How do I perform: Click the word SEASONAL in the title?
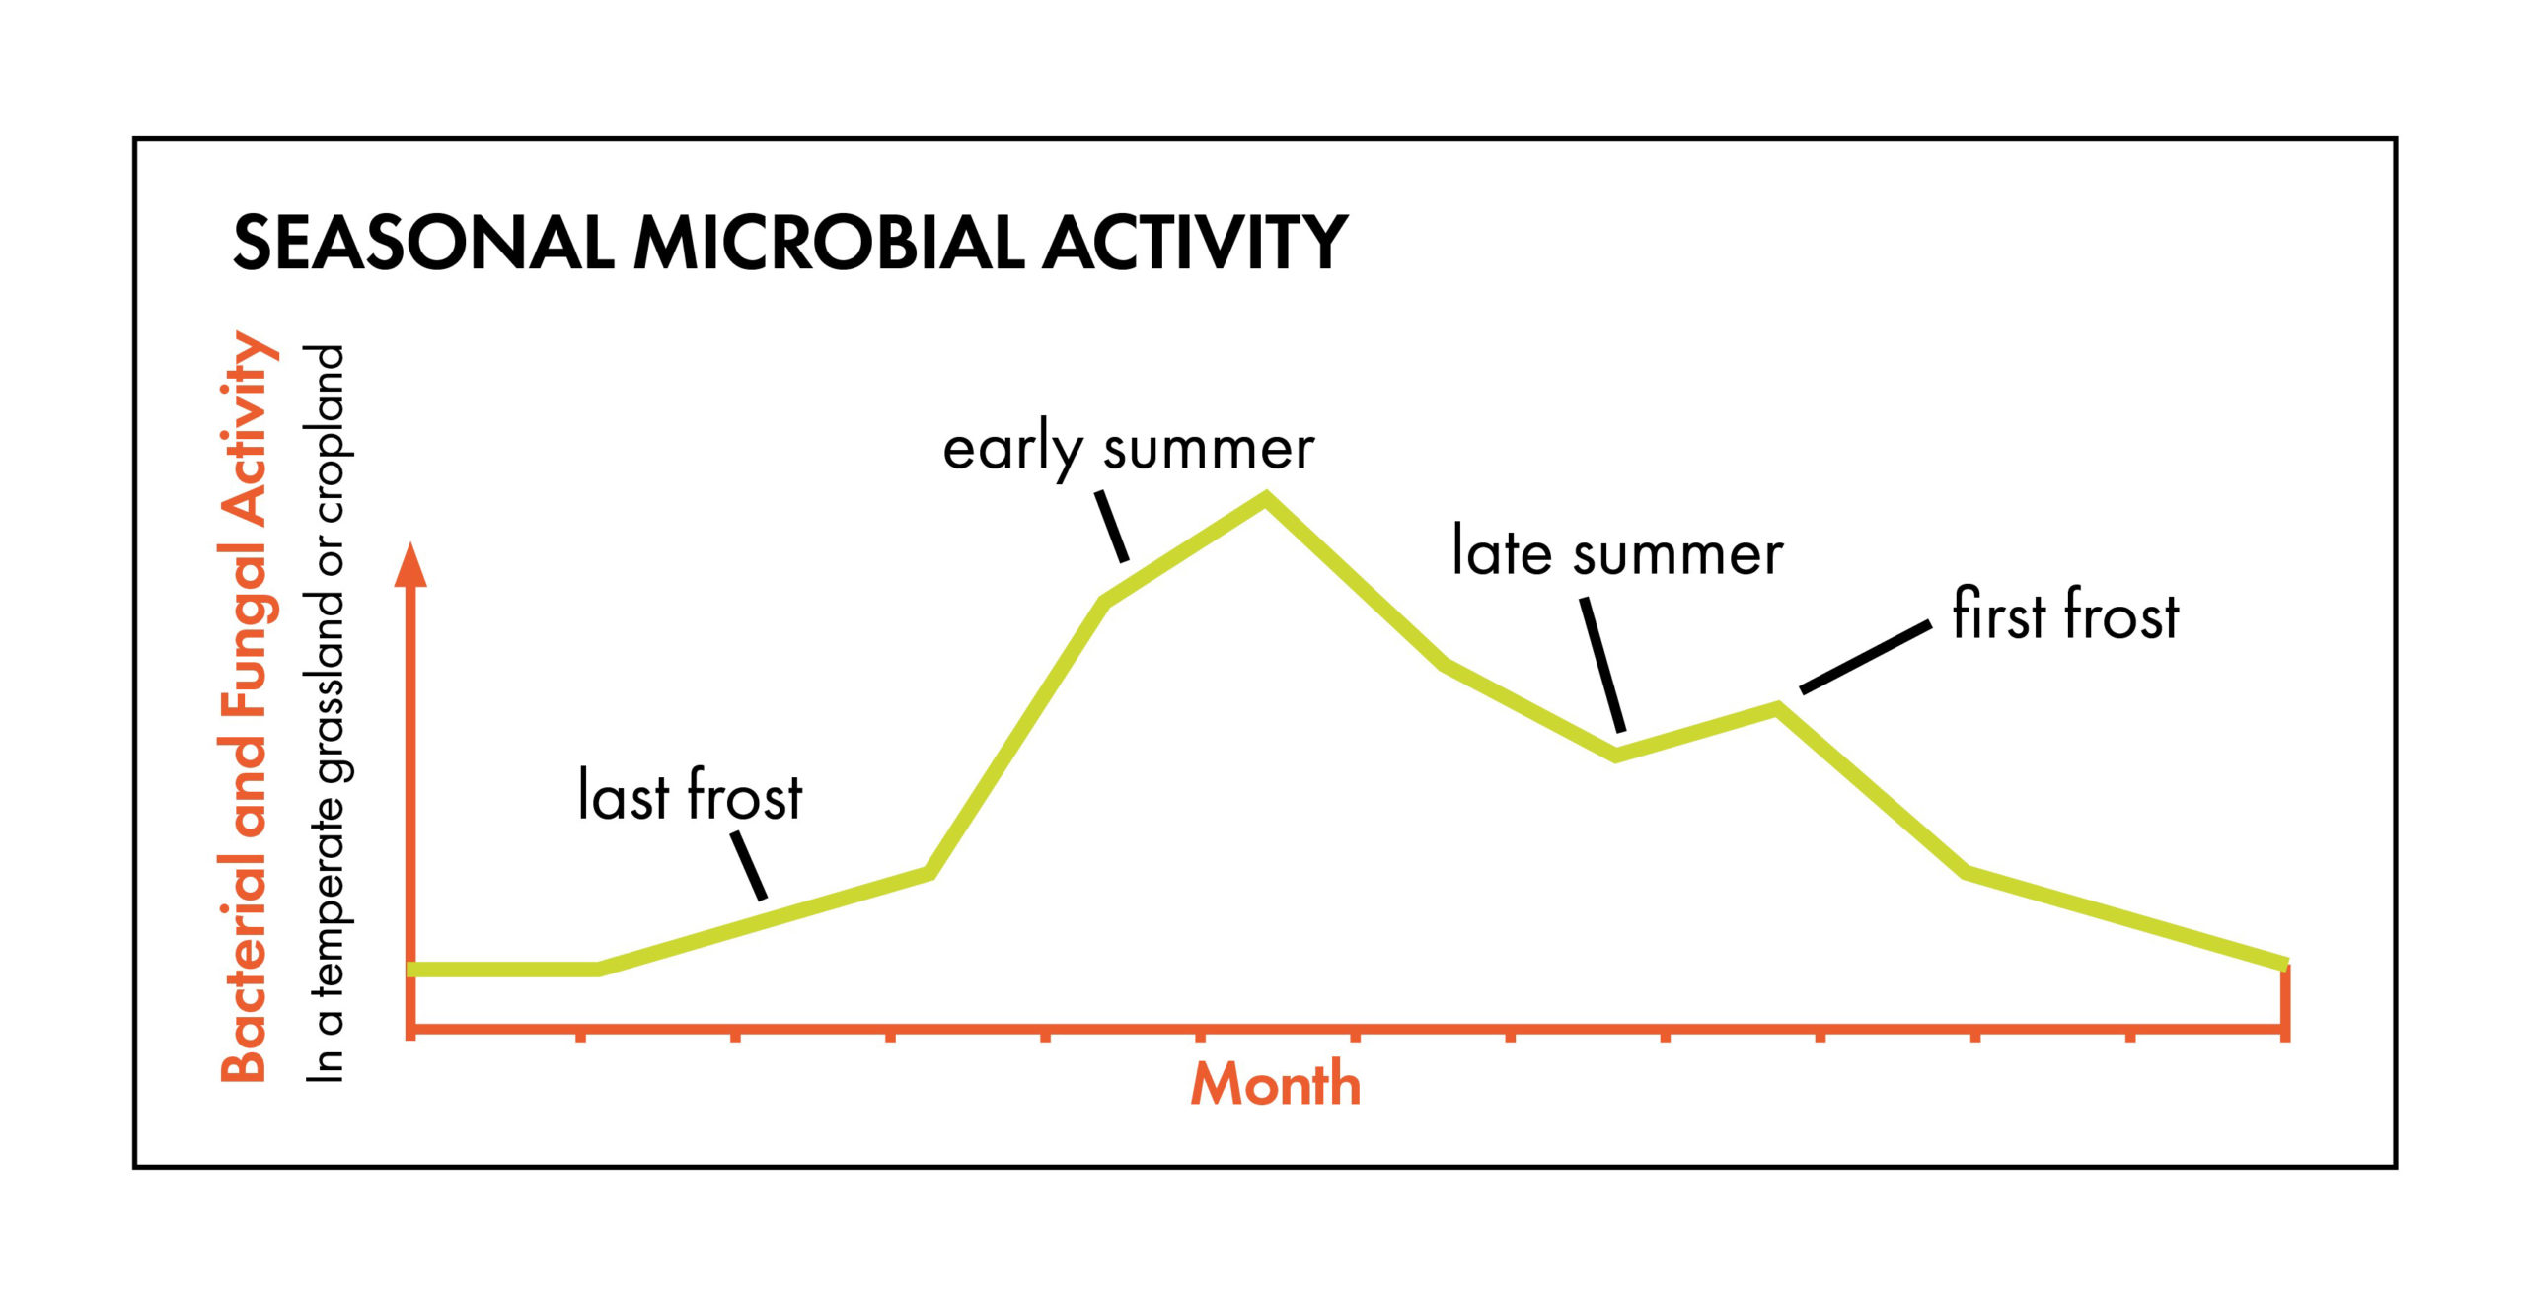pyautogui.click(x=424, y=243)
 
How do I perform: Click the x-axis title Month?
pyautogui.click(x=1276, y=1084)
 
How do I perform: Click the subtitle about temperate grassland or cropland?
pyautogui.click(x=326, y=713)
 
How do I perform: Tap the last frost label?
pyautogui.click(x=690, y=794)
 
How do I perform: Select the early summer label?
pyautogui.click(x=1129, y=450)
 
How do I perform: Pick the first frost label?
pyautogui.click(x=2065, y=613)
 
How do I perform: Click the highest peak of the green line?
pyautogui.click(x=1266, y=498)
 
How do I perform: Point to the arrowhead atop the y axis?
pyautogui.click(x=410, y=564)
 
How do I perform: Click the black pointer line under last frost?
pyautogui.click(x=749, y=865)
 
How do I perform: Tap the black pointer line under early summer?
pyautogui.click(x=1112, y=526)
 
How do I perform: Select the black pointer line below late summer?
pyautogui.click(x=1602, y=665)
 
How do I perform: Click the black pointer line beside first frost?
pyautogui.click(x=1866, y=657)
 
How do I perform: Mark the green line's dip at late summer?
pyautogui.click(x=1615, y=756)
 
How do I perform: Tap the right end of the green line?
pyautogui.click(x=2285, y=964)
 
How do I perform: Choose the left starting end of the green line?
pyautogui.click(x=410, y=970)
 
